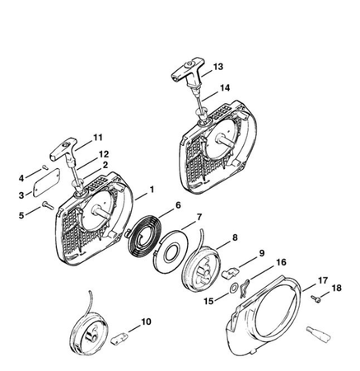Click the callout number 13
218,67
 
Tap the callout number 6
178,205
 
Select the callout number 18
336,288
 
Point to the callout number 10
146,322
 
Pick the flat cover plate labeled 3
46,182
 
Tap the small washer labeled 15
233,289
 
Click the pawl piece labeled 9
230,273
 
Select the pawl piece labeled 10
119,338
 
